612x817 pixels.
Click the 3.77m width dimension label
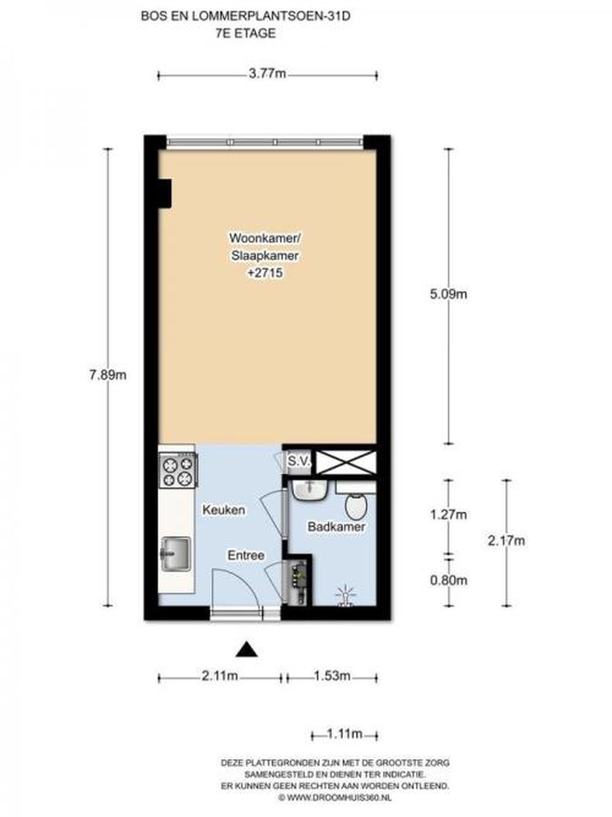(x=267, y=74)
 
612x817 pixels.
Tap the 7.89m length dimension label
(x=107, y=375)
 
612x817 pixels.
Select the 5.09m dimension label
(x=448, y=294)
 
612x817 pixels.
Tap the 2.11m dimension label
(x=220, y=676)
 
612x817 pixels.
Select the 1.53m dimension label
(x=332, y=676)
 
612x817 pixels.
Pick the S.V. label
(x=299, y=461)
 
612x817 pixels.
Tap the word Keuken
(x=223, y=510)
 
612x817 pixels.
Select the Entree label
(x=246, y=555)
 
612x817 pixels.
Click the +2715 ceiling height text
(x=265, y=273)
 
